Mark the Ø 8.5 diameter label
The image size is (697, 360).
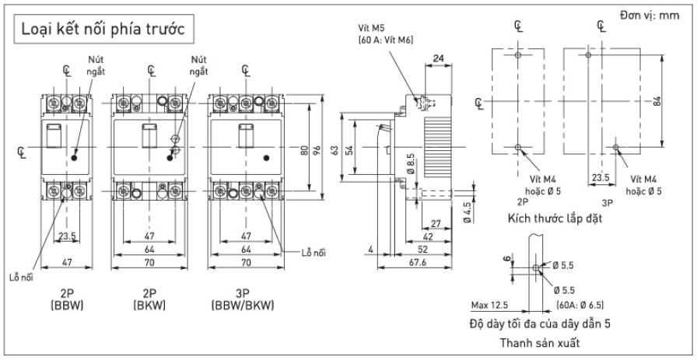point(410,165)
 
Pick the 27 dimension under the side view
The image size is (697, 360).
point(436,225)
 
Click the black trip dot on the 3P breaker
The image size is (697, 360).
point(268,158)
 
